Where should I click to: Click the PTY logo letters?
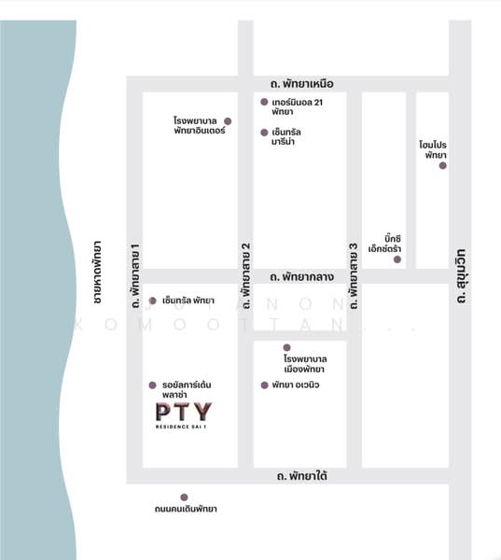pos(183,412)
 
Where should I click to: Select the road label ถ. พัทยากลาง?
pos(301,277)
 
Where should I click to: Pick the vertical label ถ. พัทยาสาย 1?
pos(135,275)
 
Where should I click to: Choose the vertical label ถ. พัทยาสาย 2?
pos(246,276)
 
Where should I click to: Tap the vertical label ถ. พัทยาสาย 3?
pos(354,276)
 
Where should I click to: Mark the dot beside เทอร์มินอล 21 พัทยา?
pos(265,101)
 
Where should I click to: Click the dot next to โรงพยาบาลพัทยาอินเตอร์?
pos(229,121)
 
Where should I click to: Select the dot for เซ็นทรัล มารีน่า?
pos(265,133)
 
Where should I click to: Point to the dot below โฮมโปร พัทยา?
pos(443,165)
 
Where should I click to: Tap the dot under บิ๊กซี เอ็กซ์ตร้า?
pos(397,259)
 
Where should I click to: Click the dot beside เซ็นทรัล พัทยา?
pos(153,301)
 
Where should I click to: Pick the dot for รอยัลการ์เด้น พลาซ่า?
pos(152,385)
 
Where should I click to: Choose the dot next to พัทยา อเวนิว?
pos(265,385)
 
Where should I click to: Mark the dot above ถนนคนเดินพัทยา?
pos(184,497)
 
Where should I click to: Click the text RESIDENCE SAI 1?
pos(183,428)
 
